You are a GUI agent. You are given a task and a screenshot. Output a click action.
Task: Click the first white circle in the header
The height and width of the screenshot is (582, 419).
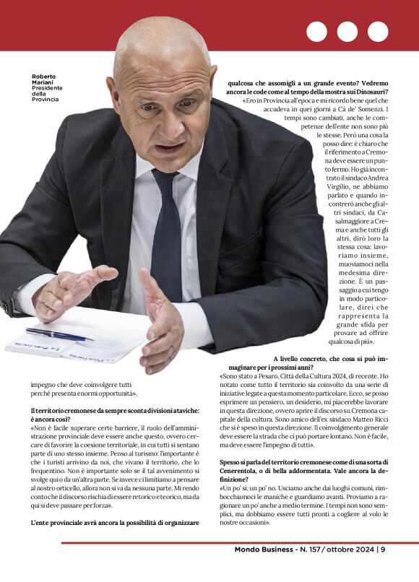click(316, 32)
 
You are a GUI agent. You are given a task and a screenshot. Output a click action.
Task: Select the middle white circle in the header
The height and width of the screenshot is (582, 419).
click(347, 32)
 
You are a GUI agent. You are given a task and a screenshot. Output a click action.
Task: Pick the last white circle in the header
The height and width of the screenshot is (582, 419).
click(378, 32)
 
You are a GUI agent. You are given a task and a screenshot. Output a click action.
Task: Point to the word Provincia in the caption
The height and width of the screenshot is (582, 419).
click(46, 99)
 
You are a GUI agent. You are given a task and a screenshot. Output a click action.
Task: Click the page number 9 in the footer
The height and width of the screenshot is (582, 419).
click(383, 550)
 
